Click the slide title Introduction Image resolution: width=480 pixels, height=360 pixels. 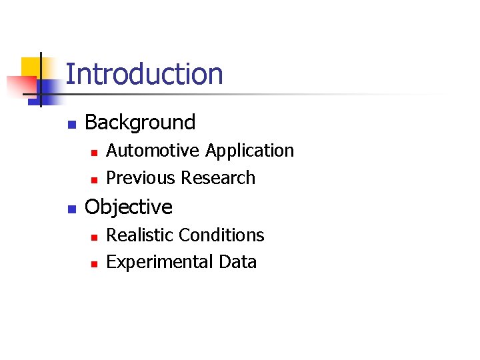[145, 74]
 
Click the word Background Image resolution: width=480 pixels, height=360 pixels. [140, 123]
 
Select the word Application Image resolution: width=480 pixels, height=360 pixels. [249, 151]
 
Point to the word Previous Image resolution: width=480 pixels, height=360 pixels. [141, 178]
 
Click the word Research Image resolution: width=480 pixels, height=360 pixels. [218, 178]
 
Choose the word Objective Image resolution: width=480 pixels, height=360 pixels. [129, 207]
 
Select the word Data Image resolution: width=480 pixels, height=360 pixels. [238, 262]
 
